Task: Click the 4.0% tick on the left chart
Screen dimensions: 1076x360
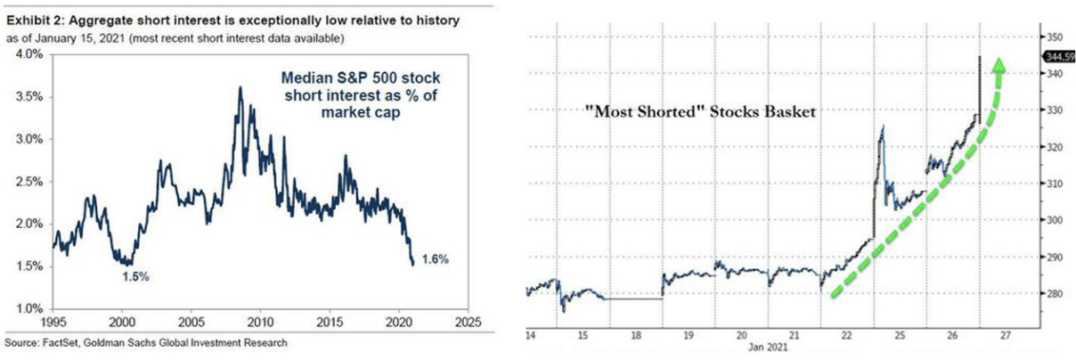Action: coord(29,54)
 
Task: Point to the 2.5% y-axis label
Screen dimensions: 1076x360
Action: coord(29,182)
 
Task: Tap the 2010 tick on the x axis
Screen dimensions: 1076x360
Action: coord(260,322)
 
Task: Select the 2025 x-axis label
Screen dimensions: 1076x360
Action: coord(469,322)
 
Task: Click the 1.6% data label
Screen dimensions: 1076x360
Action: coord(436,259)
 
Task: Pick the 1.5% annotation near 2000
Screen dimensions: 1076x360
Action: coord(135,277)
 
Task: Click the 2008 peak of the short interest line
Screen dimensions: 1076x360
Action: coord(240,87)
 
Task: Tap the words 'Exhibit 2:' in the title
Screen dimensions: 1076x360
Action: coord(34,20)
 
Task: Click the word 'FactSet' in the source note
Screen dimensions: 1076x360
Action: coord(61,343)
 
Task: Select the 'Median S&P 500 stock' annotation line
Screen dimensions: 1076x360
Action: coord(360,78)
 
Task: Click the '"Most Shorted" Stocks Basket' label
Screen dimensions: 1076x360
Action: coord(700,112)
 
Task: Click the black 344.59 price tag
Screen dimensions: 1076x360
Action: coord(1059,57)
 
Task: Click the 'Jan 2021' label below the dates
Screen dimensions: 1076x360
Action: coord(768,347)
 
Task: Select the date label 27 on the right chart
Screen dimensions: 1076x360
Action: coord(1006,335)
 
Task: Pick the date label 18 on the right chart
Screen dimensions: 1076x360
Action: coord(635,335)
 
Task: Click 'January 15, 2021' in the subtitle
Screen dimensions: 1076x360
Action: coord(78,38)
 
